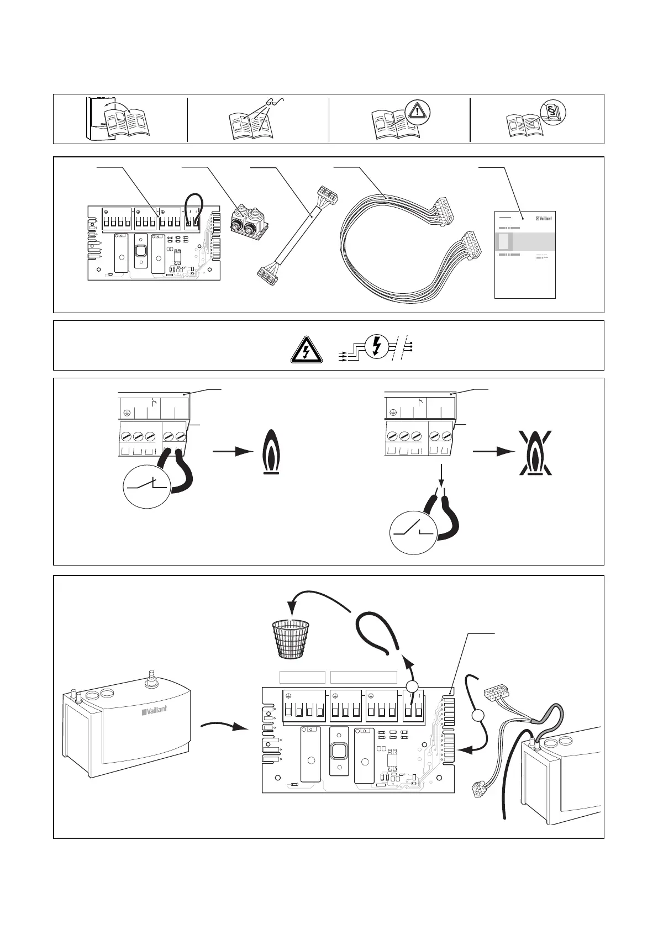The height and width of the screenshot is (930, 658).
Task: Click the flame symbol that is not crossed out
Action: [x=270, y=451]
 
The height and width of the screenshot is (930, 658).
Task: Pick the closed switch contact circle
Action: [x=146, y=486]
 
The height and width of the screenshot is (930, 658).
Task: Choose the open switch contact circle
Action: [x=413, y=533]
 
